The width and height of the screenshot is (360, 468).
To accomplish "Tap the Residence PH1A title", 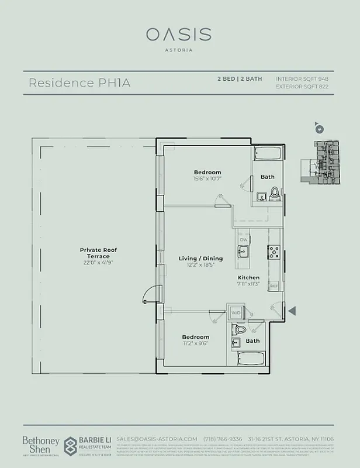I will (79, 83).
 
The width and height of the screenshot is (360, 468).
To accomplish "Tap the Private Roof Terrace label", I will (99, 253).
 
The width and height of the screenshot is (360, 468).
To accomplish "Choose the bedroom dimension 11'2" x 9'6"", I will (195, 344).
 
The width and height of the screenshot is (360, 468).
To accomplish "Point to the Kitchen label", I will (248, 277).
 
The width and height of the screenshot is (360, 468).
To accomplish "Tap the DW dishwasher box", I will (244, 240).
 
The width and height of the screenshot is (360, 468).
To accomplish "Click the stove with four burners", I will (272, 253).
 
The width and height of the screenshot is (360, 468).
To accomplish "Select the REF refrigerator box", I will (273, 286).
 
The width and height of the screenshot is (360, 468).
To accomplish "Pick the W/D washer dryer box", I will (236, 313).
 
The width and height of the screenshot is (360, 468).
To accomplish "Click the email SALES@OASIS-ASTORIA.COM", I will (156, 439).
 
